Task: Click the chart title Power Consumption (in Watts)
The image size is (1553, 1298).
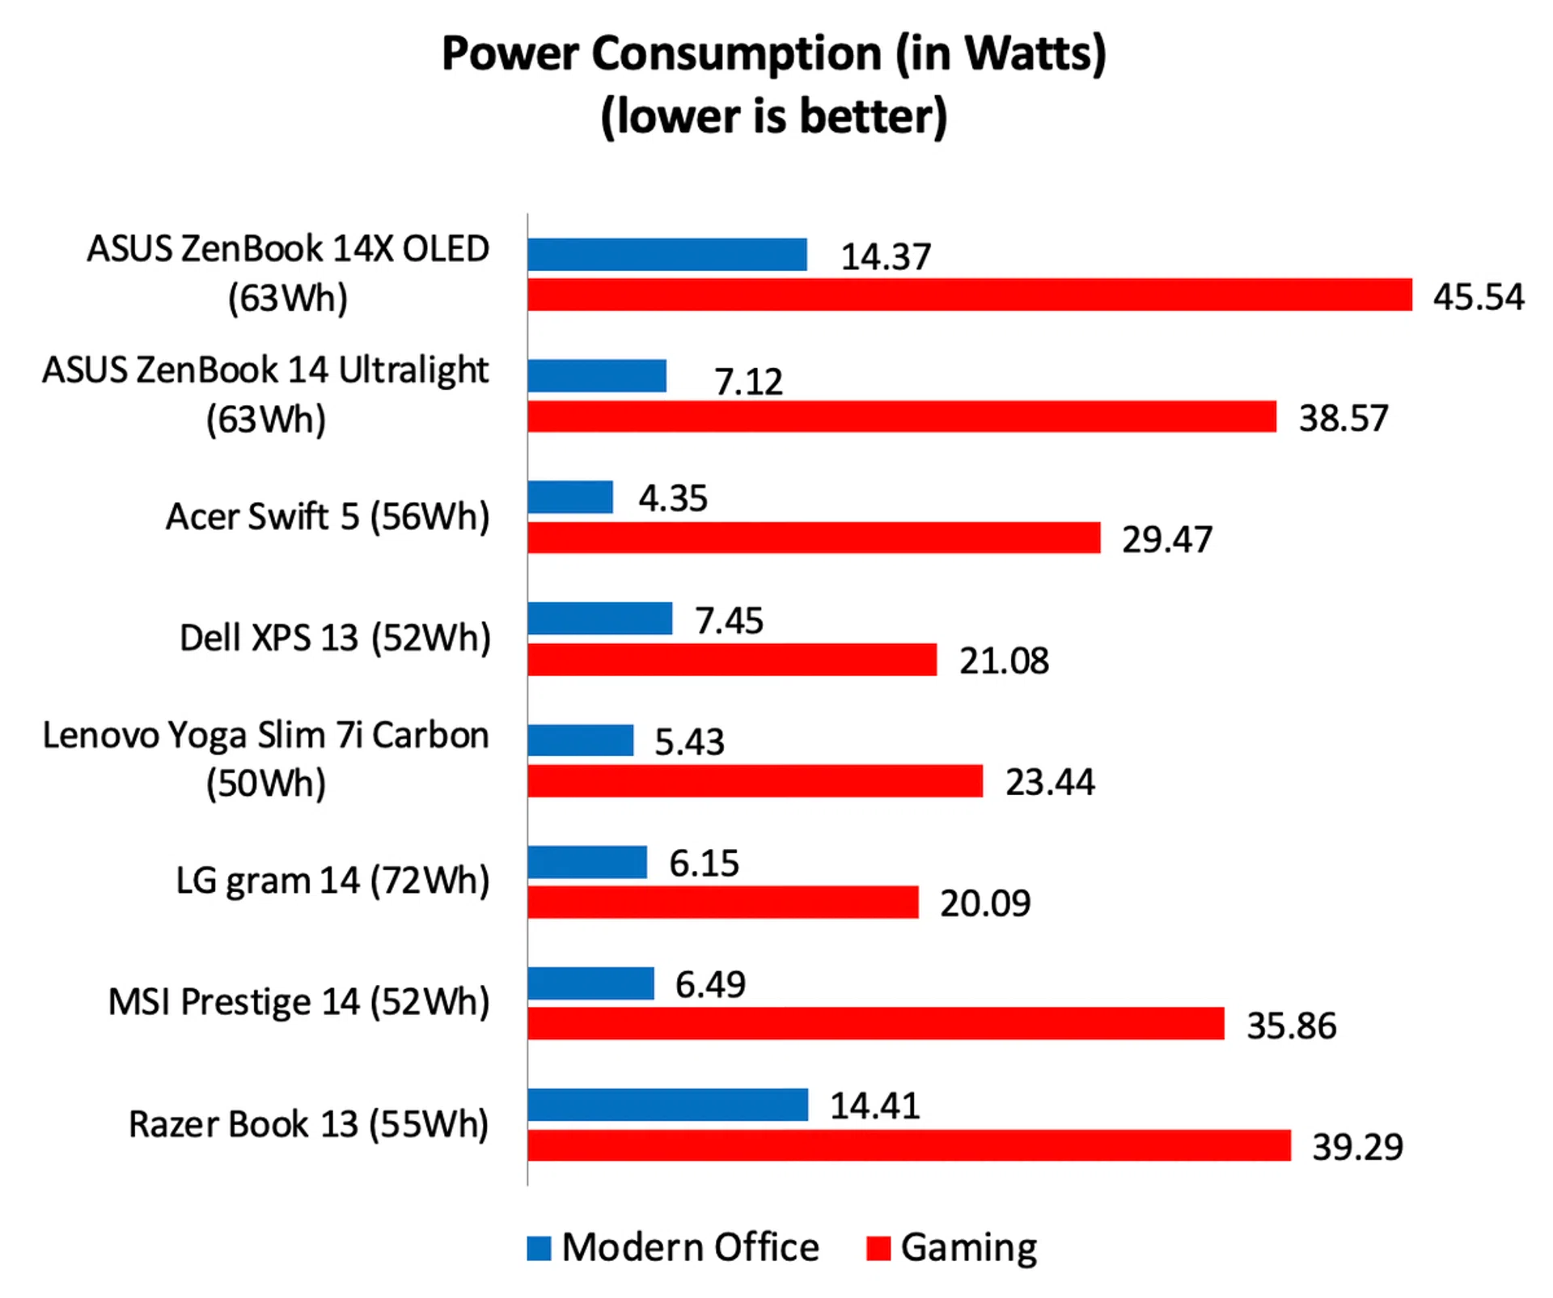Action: [773, 55]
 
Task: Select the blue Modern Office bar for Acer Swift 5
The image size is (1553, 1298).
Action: [570, 497]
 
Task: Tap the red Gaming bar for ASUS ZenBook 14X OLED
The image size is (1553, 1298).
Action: [969, 295]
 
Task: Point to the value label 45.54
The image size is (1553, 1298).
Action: [1478, 297]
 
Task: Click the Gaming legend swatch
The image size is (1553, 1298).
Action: [878, 1248]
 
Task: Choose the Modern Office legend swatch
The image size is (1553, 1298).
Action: [539, 1248]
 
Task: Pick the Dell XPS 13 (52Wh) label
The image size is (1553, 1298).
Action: [335, 638]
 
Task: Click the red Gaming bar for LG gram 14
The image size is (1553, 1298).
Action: [722, 903]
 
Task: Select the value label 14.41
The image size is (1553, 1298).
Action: [874, 1106]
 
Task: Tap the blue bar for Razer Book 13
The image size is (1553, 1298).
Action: [667, 1105]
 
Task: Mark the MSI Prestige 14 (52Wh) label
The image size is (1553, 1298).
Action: [298, 1002]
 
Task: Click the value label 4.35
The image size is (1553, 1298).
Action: [672, 498]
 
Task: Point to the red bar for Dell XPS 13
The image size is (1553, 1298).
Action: [732, 660]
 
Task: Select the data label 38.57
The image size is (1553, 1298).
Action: [1343, 418]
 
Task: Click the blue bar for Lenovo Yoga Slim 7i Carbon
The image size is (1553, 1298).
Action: [580, 740]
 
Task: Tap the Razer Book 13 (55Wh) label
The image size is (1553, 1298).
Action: [308, 1124]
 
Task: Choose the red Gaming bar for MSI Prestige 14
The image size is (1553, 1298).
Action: [875, 1024]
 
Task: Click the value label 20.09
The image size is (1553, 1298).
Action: [984, 903]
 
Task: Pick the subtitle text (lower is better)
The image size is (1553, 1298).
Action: [773, 116]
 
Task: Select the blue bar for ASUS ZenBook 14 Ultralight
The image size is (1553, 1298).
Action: [597, 376]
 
